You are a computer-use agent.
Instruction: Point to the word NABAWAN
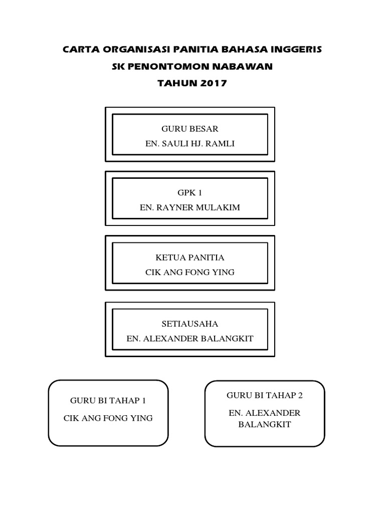(x=247, y=67)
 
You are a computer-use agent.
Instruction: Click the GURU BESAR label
(x=189, y=129)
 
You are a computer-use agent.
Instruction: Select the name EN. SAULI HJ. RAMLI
(x=189, y=144)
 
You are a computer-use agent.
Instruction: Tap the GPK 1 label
(x=189, y=192)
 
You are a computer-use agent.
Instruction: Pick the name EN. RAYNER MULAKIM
(x=189, y=207)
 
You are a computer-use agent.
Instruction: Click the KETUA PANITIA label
(x=189, y=258)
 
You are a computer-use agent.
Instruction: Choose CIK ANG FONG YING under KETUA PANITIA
(x=189, y=273)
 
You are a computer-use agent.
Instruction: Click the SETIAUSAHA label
(x=189, y=324)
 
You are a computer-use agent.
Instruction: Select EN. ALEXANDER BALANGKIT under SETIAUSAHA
(x=189, y=339)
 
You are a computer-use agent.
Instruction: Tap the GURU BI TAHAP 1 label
(x=108, y=401)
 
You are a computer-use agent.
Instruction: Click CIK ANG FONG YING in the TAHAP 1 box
(x=108, y=418)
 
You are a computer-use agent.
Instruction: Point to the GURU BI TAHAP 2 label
(x=265, y=395)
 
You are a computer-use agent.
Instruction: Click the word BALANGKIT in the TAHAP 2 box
(x=265, y=424)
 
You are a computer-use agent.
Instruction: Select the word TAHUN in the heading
(x=175, y=84)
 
